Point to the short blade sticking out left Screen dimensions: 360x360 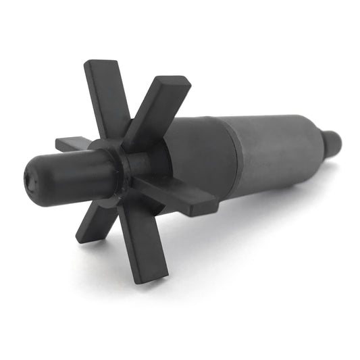tap(72, 144)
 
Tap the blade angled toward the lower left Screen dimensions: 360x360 tap(99, 220)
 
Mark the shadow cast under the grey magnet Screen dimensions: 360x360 tap(270, 203)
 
